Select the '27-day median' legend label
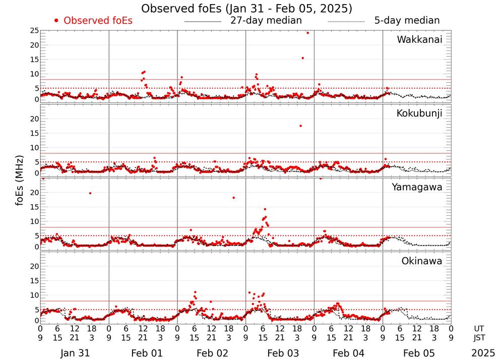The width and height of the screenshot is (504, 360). pos(266,21)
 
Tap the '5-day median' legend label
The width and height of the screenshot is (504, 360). pos(407,21)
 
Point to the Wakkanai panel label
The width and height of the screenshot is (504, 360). pos(419,40)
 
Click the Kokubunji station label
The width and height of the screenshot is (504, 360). pos(419,113)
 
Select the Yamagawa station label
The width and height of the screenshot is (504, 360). pos(417,187)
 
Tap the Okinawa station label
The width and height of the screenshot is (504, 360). pos(421,261)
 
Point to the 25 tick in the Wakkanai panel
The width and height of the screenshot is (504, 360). pos(34,31)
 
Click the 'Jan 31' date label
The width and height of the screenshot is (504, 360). pos(75,353)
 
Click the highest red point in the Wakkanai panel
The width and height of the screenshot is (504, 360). pos(307,33)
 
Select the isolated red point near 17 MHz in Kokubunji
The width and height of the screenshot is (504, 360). pos(300,126)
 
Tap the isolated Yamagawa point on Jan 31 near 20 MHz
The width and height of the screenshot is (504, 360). pos(90,193)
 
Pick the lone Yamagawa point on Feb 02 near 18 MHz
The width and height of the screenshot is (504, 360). pos(233,198)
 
